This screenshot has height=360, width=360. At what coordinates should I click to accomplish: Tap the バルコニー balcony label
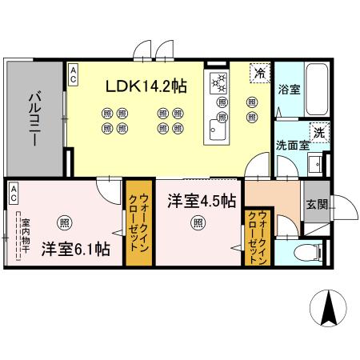[35, 119]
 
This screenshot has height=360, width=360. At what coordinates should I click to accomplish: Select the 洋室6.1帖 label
[75, 249]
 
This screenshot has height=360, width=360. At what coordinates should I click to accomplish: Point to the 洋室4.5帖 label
[201, 200]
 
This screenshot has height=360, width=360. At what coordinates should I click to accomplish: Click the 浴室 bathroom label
[289, 90]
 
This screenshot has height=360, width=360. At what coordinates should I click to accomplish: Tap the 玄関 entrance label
[315, 204]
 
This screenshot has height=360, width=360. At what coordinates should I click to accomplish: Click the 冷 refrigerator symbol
[259, 73]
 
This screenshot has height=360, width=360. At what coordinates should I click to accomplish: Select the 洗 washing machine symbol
[318, 132]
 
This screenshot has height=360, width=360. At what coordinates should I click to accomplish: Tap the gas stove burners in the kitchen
[219, 82]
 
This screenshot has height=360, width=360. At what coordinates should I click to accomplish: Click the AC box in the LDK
[73, 75]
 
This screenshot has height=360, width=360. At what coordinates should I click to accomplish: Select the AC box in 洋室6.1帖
[14, 192]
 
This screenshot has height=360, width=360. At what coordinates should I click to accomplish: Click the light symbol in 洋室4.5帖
[197, 224]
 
